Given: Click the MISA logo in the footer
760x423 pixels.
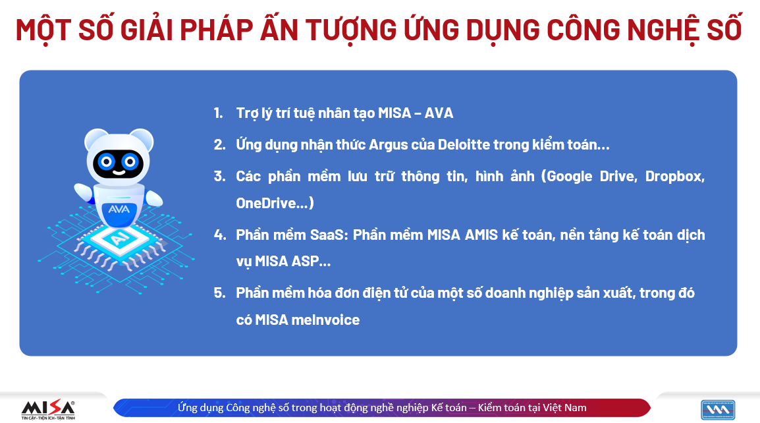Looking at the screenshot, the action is pos(48,409).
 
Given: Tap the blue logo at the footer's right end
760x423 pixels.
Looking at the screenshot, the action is pos(718,410).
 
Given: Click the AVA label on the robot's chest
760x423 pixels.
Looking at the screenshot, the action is pos(119,210).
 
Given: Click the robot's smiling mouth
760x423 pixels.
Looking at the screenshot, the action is pos(119,172).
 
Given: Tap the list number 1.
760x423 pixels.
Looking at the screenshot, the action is pos(219,113).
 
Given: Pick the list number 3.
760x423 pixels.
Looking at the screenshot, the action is pos(219,176).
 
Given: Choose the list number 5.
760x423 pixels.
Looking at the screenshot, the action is pos(219,293).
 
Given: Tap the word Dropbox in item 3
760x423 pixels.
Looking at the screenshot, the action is pos(674,177).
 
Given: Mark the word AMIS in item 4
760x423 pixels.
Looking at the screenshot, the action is pos(481,235).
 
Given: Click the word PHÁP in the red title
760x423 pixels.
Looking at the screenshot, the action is pos(217,30).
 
